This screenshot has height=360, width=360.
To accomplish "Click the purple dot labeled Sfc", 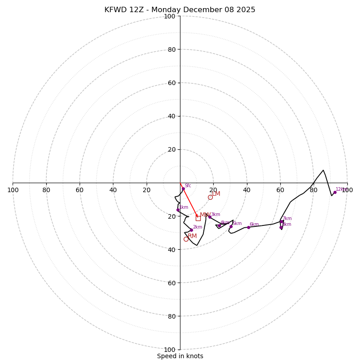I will [x=183, y=189].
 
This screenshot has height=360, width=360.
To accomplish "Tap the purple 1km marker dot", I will [x=178, y=210].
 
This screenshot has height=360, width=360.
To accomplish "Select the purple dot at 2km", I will [x=191, y=230].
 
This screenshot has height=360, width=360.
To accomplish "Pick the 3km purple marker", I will [x=210, y=217].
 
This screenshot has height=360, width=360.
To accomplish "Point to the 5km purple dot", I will [x=231, y=226].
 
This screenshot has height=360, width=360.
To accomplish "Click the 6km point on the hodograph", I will [x=248, y=227].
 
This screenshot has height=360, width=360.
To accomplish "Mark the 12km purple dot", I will [x=335, y=192].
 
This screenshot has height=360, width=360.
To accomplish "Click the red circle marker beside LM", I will [x=210, y=197].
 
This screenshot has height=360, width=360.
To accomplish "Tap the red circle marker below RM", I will [x=186, y=239].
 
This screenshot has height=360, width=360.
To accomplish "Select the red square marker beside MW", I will [x=198, y=218].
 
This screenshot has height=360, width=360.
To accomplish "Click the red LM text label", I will [x=216, y=193].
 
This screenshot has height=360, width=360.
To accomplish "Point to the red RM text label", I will [x=192, y=236].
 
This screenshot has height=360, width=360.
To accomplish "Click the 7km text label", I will [x=287, y=219].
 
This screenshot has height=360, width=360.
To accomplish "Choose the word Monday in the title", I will [x=168, y=10].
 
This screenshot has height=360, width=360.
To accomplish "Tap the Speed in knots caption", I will [x=180, y=356].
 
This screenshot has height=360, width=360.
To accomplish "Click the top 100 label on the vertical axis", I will [x=170, y=16].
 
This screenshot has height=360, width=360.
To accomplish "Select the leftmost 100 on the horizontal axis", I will [x=13, y=190].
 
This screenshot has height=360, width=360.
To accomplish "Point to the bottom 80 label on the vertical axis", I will [x=171, y=316].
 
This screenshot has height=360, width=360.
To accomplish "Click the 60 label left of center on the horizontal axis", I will [x=80, y=190].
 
